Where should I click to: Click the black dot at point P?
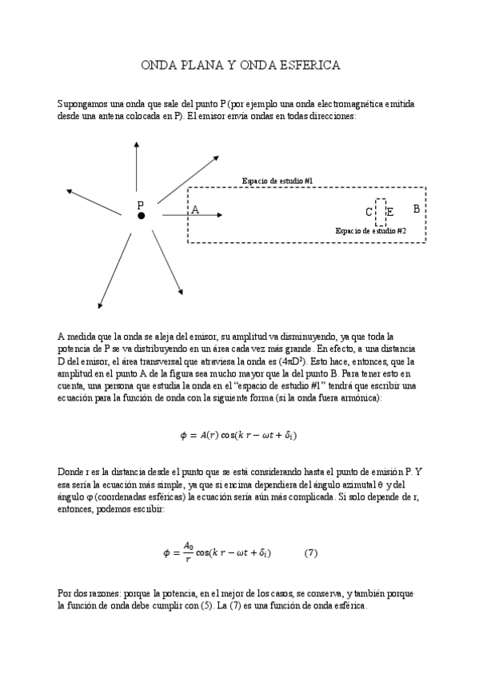tap(141, 216)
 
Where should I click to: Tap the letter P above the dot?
tap(140, 205)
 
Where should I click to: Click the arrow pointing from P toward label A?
tap(192, 215)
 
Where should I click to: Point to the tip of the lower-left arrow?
tap(99, 306)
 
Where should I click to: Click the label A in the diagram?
tap(194, 209)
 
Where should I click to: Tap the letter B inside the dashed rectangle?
tap(416, 209)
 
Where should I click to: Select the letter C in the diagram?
tap(369, 213)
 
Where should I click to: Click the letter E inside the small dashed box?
tap(389, 213)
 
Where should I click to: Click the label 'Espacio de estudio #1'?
tap(277, 181)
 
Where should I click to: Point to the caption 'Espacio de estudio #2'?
tap(370, 230)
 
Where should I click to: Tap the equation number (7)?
tap(312, 552)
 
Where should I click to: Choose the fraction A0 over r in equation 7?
tap(188, 552)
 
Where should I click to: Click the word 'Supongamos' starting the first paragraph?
tap(82, 104)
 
